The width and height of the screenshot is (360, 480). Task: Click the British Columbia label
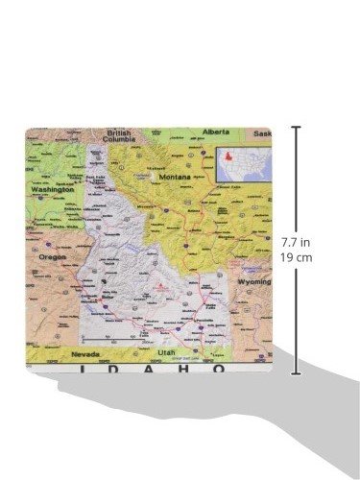coord(119,136)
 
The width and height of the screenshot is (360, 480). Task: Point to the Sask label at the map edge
coord(263,132)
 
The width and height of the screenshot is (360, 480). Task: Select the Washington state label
coord(52,189)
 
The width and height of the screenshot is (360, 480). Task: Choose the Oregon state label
coord(52,257)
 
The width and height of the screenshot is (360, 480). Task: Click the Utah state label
coord(167,352)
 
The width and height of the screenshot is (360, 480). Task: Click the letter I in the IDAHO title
coord(81,368)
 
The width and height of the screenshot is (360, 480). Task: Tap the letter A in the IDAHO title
coord(152,368)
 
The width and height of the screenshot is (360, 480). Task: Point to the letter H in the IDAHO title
coord(186,368)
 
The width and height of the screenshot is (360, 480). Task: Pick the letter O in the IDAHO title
coord(220,368)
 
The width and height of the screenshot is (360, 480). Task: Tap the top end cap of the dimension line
coord(295,127)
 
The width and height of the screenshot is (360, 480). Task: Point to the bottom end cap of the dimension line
coord(295,373)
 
